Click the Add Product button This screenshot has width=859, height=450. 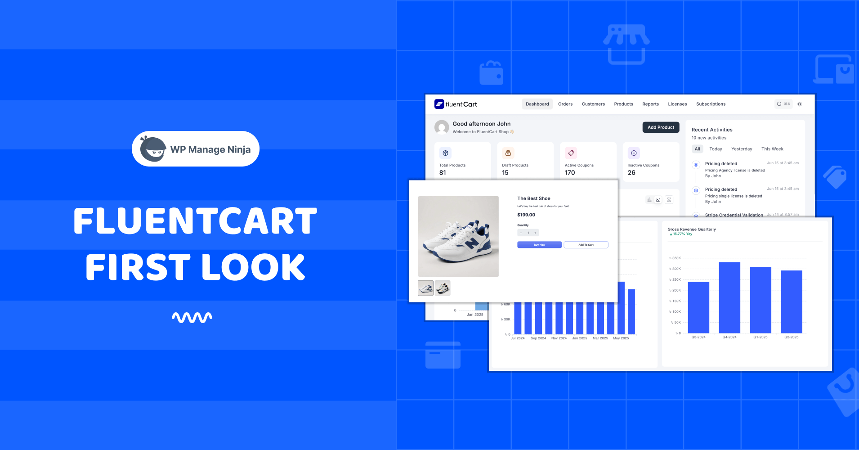(661, 127)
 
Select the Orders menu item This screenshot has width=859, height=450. (565, 104)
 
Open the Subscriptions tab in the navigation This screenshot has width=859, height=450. (711, 104)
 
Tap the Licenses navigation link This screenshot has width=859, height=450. (677, 104)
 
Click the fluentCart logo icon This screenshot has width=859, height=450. (439, 104)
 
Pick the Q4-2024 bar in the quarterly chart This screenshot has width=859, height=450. (729, 297)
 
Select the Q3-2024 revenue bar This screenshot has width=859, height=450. (698, 307)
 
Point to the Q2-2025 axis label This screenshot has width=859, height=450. (792, 337)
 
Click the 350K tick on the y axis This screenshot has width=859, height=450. (676, 258)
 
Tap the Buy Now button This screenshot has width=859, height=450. (539, 245)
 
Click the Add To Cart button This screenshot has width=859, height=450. (586, 245)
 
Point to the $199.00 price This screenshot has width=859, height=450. (526, 215)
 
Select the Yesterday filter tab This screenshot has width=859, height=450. (742, 149)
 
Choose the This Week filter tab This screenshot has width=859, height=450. (772, 149)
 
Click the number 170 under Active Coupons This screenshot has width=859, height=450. (570, 173)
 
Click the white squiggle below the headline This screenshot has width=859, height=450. (192, 318)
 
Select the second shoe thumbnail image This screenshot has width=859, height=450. (443, 288)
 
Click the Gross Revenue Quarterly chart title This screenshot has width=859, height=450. (692, 229)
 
